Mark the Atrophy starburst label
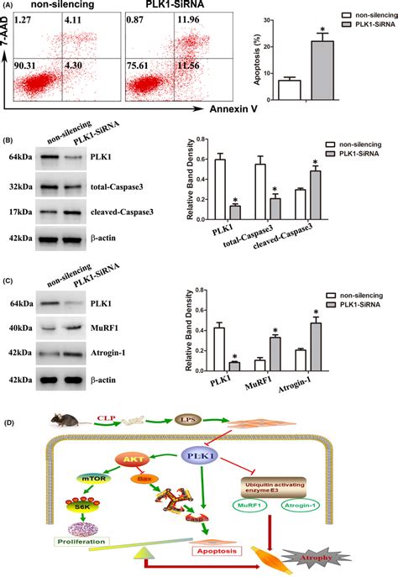(x=348, y=555)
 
